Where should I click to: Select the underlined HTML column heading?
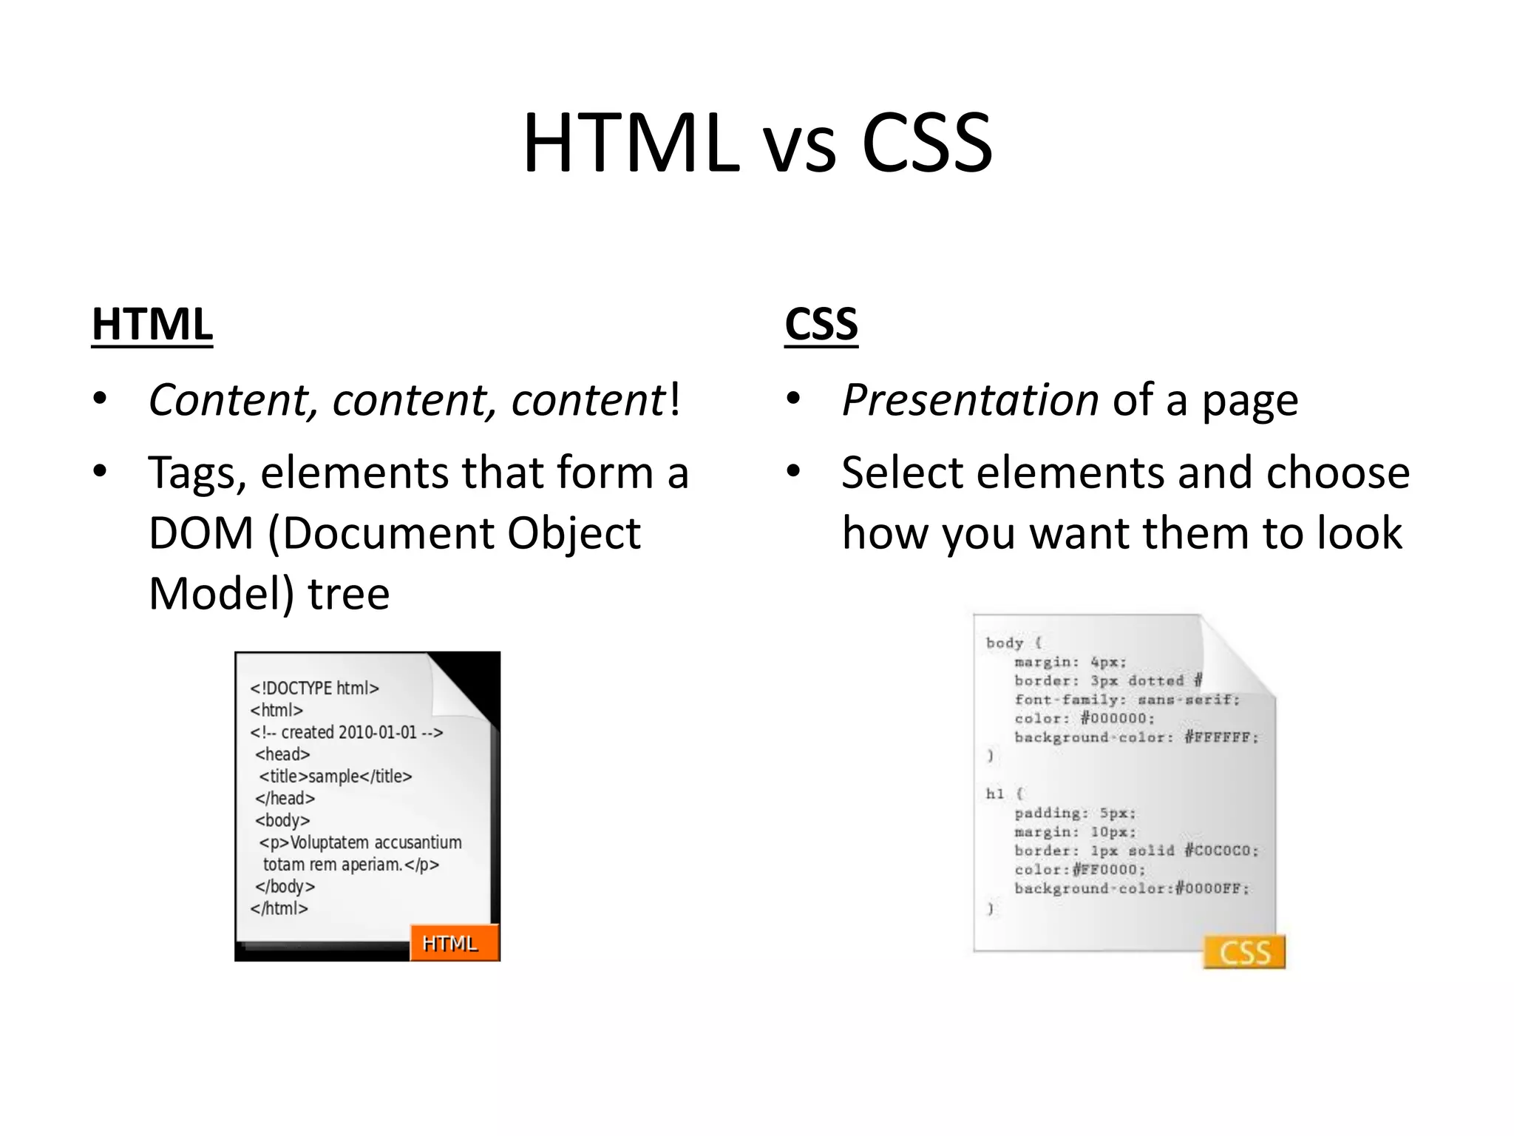point(152,325)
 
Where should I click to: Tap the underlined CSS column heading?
point(821,325)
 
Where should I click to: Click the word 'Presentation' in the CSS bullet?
point(970,401)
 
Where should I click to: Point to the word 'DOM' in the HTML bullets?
point(201,533)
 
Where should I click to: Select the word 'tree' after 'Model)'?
point(348,594)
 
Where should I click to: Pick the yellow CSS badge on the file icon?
point(1244,952)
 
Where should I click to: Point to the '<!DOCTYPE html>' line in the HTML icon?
point(314,689)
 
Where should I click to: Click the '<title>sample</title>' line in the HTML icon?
point(335,777)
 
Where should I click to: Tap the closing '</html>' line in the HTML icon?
point(279,908)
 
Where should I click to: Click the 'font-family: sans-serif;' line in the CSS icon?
point(1127,700)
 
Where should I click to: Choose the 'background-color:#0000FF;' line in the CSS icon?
point(1131,888)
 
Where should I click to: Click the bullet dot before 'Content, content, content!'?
point(101,399)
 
